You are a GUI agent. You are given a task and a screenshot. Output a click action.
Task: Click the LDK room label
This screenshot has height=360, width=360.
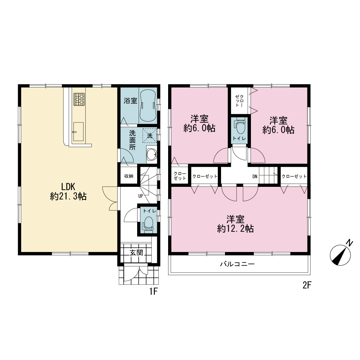pyautogui.click(x=68, y=186)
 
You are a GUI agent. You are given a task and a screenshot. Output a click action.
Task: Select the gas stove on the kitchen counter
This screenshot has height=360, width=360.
pyautogui.click(x=79, y=99)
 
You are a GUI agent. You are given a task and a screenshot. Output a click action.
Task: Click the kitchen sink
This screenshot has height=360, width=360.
pyautogui.click(x=78, y=132)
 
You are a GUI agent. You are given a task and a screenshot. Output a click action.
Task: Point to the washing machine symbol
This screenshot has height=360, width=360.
pyautogui.click(x=150, y=135)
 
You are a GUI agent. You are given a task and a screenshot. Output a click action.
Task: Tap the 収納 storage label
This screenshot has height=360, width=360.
pyautogui.click(x=129, y=176)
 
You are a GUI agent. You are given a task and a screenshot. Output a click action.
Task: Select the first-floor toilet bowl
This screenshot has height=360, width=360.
pyautogui.click(x=148, y=224)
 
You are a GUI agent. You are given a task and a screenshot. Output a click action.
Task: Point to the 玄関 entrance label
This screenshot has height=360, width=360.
pyautogui.click(x=136, y=253)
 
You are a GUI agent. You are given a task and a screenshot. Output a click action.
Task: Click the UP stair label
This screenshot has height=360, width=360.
pyautogui.click(x=140, y=196)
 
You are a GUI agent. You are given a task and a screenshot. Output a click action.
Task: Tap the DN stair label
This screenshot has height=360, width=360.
pyautogui.click(x=255, y=176)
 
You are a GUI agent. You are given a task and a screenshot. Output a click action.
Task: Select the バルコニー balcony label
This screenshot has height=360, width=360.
pyautogui.click(x=237, y=264)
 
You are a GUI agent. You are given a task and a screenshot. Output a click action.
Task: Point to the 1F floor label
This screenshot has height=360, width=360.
pyautogui.click(x=153, y=291)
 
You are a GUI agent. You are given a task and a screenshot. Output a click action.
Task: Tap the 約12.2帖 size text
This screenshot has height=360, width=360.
pyautogui.click(x=235, y=229)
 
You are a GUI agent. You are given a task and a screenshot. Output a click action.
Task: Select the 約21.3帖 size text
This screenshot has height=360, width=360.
pyautogui.click(x=68, y=196)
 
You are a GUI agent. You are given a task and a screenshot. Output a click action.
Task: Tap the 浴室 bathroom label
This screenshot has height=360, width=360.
pyautogui.click(x=130, y=100)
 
